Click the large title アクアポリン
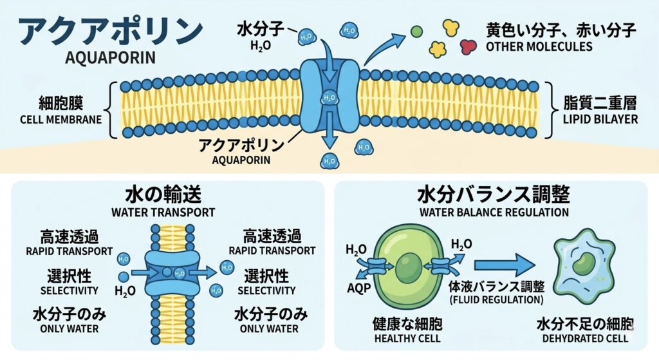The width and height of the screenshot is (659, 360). (x=111, y=31)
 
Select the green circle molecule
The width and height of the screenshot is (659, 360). (x=416, y=31)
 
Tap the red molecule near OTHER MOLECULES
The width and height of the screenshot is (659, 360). (x=469, y=46)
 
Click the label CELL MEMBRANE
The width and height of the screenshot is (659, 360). (x=61, y=119)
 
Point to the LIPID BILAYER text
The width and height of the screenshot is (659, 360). (x=600, y=119)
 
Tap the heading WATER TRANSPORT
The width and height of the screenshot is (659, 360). (x=163, y=213)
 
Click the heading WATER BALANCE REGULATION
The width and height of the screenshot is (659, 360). (x=494, y=212)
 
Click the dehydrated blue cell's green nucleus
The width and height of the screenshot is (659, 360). (x=582, y=263)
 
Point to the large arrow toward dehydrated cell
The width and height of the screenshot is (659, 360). (x=505, y=265)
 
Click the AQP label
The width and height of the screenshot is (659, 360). (x=359, y=288)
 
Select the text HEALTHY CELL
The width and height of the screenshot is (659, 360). (x=407, y=338)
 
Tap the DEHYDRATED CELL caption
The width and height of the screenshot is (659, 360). (x=585, y=338)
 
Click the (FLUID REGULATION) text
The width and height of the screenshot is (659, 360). (x=496, y=300)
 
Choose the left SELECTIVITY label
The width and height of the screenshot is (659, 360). (x=69, y=290)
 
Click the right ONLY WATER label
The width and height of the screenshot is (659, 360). (x=269, y=328)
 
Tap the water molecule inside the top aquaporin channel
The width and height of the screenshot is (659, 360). (x=329, y=98)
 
